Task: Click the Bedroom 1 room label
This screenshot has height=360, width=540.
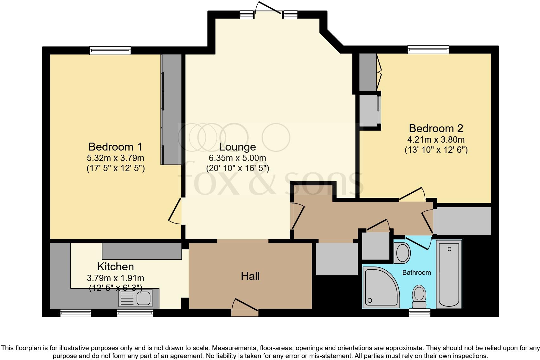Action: click(115, 147)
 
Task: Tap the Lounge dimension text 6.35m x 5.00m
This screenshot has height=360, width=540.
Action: click(237, 158)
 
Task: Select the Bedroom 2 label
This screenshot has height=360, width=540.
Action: click(436, 128)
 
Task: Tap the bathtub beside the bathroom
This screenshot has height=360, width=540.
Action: click(449, 274)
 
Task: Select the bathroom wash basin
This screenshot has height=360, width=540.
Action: click(402, 253)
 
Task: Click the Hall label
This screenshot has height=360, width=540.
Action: click(250, 276)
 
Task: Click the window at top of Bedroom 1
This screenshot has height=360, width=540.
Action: click(110, 50)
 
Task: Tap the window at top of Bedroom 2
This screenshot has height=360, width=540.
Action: click(428, 49)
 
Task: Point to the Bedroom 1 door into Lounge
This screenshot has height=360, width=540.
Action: click(175, 210)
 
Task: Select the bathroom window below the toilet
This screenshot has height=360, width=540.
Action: click(420, 313)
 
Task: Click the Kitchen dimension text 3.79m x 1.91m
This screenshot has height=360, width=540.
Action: click(115, 278)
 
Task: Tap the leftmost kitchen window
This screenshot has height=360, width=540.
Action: click(76, 313)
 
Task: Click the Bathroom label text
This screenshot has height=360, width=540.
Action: click(416, 273)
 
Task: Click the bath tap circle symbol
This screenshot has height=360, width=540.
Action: click(449, 249)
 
